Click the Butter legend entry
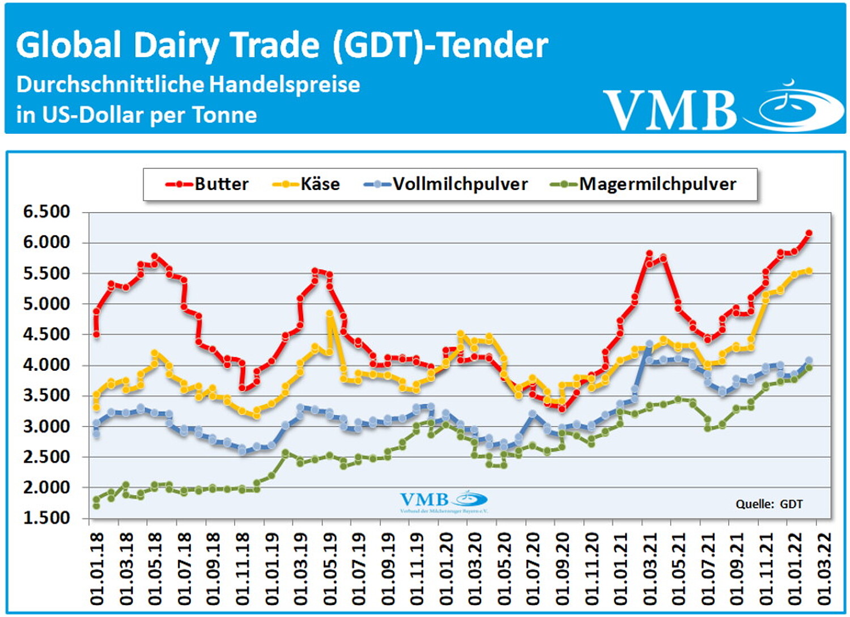(207, 184)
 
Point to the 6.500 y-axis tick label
(46, 212)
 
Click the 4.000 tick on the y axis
(46, 365)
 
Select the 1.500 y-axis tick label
(46, 518)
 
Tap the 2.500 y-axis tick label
(46, 457)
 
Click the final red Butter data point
(809, 233)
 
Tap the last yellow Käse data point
(809, 271)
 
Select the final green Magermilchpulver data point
(809, 367)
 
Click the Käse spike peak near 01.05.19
(329, 313)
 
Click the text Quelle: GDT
(769, 504)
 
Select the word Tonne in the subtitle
(225, 115)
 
